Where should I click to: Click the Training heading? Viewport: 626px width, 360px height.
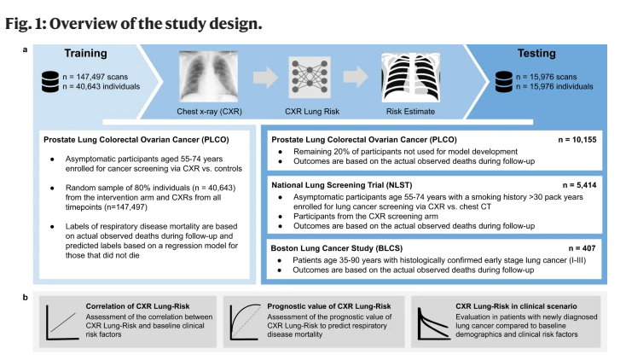point(86,54)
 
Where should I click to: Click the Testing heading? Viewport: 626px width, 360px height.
point(536,54)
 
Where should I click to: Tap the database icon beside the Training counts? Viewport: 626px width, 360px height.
point(50,82)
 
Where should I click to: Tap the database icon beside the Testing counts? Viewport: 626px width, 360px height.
point(503,82)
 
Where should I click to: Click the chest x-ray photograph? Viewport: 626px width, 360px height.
point(208,76)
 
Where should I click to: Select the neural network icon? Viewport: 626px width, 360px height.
point(310,77)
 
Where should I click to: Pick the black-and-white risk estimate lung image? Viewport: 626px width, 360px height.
point(411,77)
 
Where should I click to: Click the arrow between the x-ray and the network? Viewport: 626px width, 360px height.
point(265,77)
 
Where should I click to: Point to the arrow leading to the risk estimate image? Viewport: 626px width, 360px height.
point(356,77)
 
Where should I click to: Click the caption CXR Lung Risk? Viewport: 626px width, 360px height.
point(312,112)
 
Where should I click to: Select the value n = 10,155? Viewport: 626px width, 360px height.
point(577,140)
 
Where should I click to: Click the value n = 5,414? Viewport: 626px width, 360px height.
point(580,185)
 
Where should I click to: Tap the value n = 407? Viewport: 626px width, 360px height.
point(583,248)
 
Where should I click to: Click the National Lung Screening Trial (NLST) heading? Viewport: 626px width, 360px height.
point(342,185)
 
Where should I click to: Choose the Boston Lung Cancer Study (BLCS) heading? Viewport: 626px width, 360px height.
point(337,248)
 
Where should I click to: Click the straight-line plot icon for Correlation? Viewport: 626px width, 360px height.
point(62,322)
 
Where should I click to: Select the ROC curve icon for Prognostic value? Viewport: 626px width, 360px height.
point(246,322)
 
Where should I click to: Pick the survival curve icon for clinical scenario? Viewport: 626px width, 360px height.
point(433,323)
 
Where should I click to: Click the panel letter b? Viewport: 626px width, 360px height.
point(25,297)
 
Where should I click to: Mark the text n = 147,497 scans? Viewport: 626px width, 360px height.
point(96,77)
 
